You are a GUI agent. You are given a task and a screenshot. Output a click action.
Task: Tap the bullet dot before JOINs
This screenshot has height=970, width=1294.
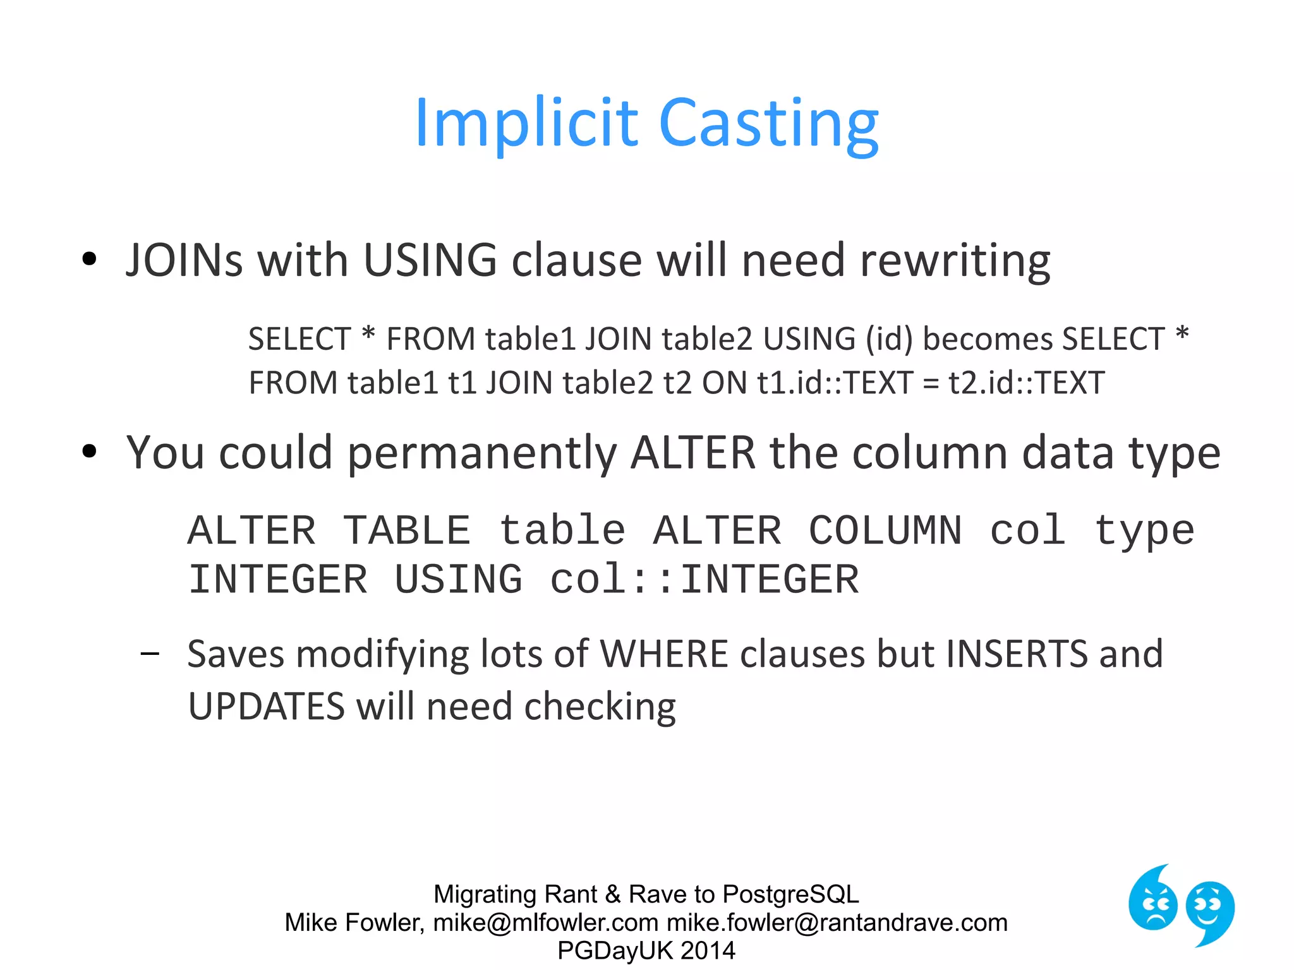(x=89, y=258)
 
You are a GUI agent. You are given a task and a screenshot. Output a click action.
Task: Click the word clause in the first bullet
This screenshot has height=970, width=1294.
(x=576, y=260)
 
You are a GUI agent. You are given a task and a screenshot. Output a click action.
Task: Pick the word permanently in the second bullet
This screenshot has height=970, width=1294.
(x=481, y=453)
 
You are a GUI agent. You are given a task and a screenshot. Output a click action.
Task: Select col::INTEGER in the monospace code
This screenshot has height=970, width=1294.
(x=704, y=580)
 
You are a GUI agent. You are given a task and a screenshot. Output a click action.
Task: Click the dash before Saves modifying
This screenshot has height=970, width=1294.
(x=150, y=654)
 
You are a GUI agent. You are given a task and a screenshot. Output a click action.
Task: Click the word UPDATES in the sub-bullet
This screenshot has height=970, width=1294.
(x=266, y=706)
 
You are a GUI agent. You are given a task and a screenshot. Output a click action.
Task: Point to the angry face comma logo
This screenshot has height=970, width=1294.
(x=1152, y=900)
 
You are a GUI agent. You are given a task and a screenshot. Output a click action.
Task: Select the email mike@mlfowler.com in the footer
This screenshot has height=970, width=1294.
(x=545, y=923)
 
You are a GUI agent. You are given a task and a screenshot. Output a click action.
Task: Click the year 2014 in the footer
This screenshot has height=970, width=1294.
(x=708, y=950)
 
